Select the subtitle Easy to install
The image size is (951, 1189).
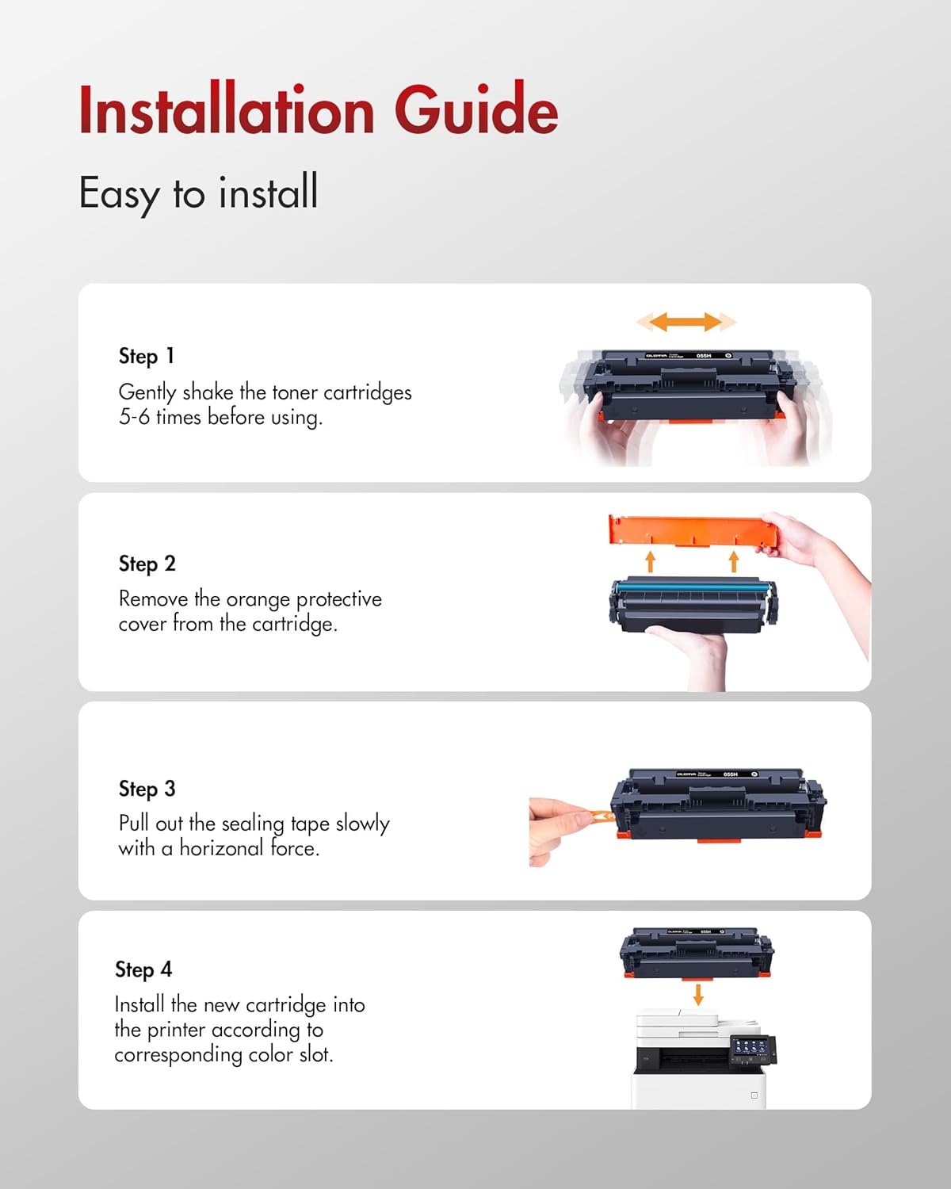(x=198, y=193)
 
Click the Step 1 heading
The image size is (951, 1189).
(x=146, y=356)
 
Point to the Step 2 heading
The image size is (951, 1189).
(x=147, y=564)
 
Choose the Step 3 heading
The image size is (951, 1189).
(x=147, y=789)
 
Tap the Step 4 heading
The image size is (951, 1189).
(x=143, y=969)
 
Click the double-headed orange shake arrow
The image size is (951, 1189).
(x=686, y=322)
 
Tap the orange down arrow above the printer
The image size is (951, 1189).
(x=698, y=994)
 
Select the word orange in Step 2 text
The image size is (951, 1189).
(x=258, y=599)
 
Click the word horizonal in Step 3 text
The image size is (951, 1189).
(x=221, y=848)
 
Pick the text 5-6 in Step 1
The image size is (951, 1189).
(x=134, y=417)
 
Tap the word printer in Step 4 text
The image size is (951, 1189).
(x=177, y=1030)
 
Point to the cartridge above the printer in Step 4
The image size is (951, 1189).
(x=697, y=953)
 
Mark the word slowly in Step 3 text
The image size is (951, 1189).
(x=362, y=824)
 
